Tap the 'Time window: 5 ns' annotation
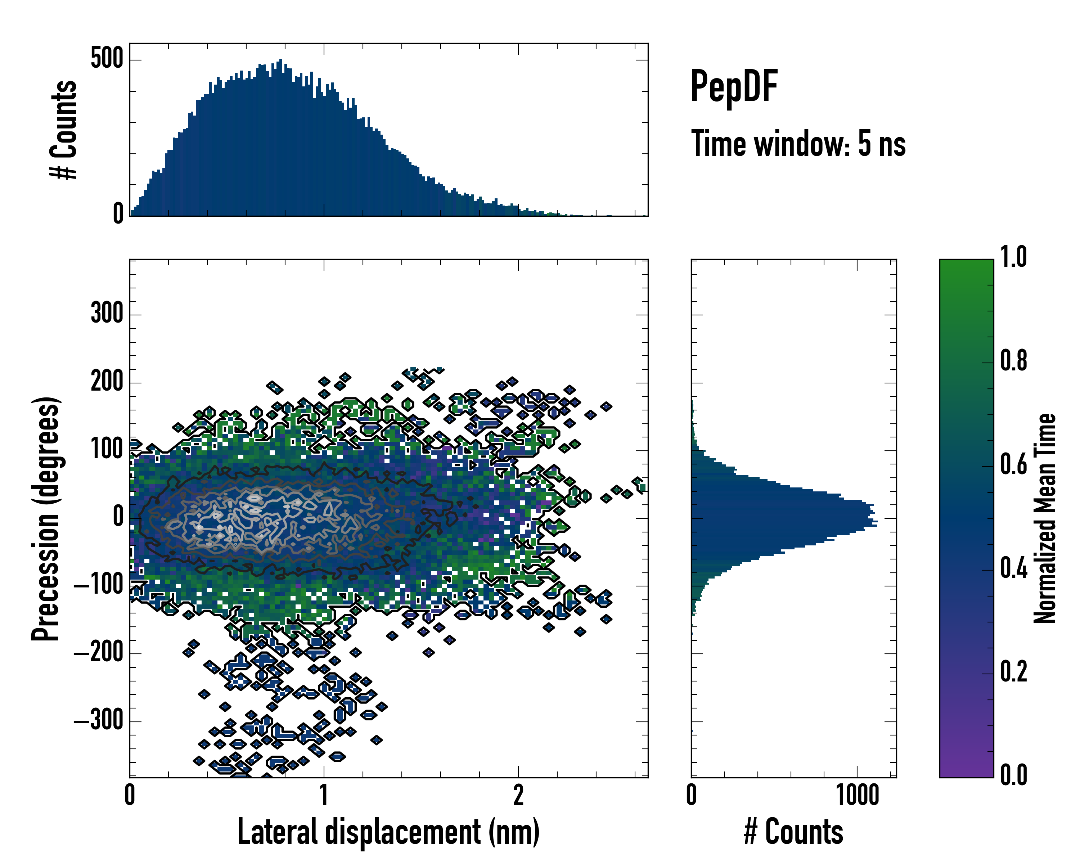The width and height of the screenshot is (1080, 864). (x=798, y=144)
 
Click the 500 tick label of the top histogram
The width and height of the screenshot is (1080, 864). (x=107, y=59)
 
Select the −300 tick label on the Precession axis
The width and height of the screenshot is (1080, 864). (x=99, y=721)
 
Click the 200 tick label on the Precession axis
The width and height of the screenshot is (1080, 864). (x=107, y=382)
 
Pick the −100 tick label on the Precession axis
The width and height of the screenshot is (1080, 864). (x=99, y=585)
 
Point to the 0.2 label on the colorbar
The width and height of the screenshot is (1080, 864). (x=1013, y=672)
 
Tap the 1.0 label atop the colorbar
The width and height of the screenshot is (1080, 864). (x=1013, y=257)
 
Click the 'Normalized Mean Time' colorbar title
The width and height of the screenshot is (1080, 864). (x=1045, y=518)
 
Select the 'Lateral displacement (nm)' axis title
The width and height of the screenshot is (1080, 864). (x=388, y=832)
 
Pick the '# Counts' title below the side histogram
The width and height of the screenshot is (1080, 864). (x=793, y=832)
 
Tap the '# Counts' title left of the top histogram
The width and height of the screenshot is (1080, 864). (x=64, y=129)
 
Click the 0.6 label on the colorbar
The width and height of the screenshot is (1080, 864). (x=1013, y=465)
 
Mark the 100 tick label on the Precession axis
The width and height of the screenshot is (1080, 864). (x=107, y=450)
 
